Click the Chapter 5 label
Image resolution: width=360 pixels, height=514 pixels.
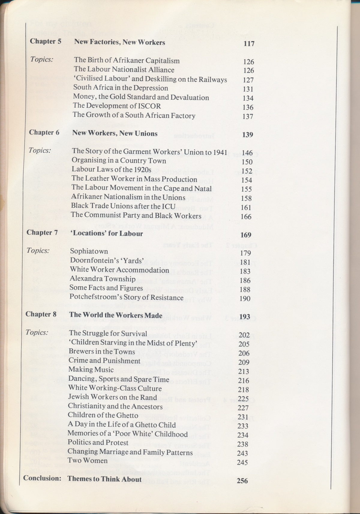pyautogui.click(x=45, y=41)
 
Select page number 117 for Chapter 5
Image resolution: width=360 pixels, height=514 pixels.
pyautogui.click(x=249, y=44)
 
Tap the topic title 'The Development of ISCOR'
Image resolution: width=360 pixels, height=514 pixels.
pyautogui.click(x=117, y=106)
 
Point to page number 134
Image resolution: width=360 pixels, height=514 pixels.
pyautogui.click(x=248, y=98)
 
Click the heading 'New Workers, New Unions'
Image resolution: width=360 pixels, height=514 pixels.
pyautogui.click(x=115, y=133)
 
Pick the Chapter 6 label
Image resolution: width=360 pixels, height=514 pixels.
pyautogui.click(x=44, y=132)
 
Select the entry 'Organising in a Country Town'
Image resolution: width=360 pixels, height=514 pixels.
pyautogui.click(x=119, y=161)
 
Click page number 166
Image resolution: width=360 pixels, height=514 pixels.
pyautogui.click(x=246, y=216)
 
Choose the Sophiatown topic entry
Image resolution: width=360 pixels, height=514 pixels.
pyautogui.click(x=89, y=251)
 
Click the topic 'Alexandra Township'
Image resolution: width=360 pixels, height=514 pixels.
pyautogui.click(x=103, y=279)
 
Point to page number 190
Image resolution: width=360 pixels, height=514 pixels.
pyautogui.click(x=245, y=299)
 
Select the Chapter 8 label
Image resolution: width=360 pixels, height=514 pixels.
pyautogui.click(x=41, y=314)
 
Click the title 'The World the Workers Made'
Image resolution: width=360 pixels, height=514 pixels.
pyautogui.click(x=116, y=315)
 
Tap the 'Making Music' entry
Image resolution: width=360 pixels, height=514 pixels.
pyautogui.click(x=91, y=370)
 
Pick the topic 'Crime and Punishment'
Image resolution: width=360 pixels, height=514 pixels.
pyautogui.click(x=104, y=361)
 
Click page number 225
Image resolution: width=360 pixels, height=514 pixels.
pyautogui.click(x=243, y=398)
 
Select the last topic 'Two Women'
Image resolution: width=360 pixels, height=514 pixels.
pyautogui.click(x=87, y=461)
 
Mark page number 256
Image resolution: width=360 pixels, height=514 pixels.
pyautogui.click(x=242, y=481)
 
